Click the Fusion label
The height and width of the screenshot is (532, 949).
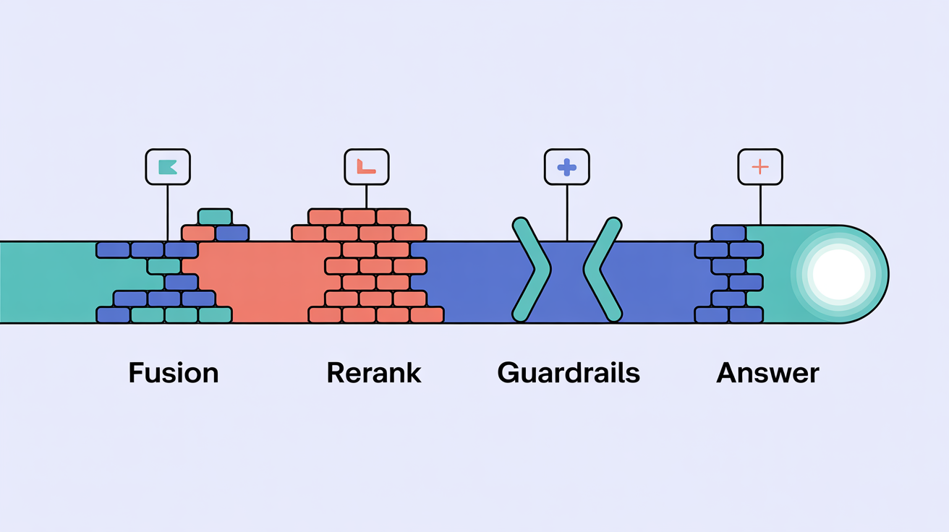point(174,373)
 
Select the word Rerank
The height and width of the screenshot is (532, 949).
point(374,373)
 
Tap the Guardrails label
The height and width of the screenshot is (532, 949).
point(569,373)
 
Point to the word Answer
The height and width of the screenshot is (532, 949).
point(767,373)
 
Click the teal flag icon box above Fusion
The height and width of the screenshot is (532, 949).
point(168,167)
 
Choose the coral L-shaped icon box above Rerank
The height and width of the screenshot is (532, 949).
point(367,167)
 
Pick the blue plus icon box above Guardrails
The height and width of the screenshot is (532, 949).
point(567,167)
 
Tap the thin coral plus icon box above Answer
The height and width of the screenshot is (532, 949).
point(760,167)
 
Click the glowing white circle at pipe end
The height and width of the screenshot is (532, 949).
point(838,274)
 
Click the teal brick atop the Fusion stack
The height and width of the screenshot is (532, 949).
point(215,217)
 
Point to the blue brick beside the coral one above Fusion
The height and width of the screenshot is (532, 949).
point(232,233)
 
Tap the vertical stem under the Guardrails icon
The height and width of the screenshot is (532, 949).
point(567,213)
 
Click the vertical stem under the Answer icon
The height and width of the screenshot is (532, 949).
point(760,205)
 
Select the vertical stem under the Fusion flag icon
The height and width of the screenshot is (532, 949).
point(168,213)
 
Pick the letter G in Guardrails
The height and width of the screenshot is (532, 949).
point(508,373)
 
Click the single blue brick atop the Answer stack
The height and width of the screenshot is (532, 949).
point(728,233)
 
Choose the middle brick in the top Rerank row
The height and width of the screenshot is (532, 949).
point(359,217)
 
